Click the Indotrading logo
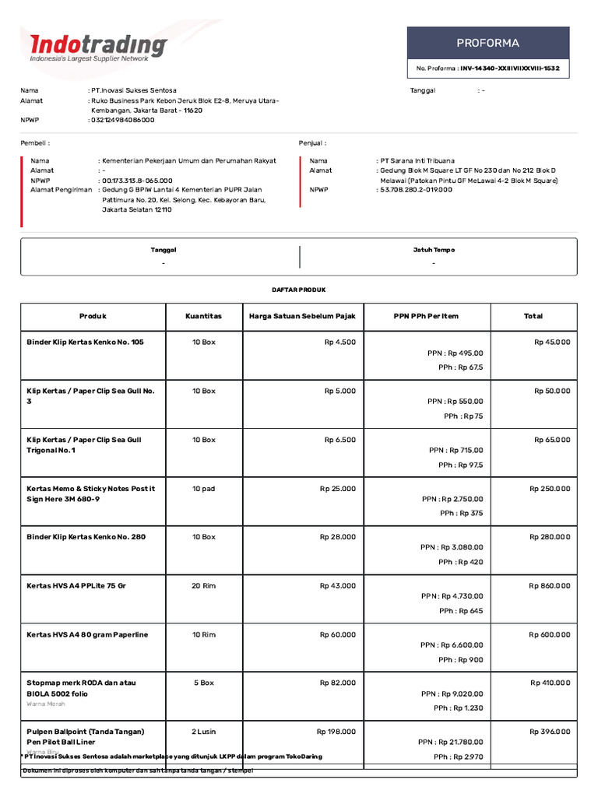98,47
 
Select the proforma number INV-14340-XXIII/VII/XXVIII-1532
509,68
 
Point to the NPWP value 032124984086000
123,120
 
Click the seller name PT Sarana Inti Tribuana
417,160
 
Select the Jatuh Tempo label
434,250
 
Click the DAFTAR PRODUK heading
299,290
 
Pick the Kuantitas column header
203,316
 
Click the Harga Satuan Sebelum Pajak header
302,316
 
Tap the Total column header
533,316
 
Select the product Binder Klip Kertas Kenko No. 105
85,342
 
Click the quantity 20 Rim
203,585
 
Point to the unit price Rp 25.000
337,488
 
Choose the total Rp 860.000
549,585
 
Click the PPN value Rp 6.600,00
463,644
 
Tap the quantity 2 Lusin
203,732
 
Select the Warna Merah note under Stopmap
46,704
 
